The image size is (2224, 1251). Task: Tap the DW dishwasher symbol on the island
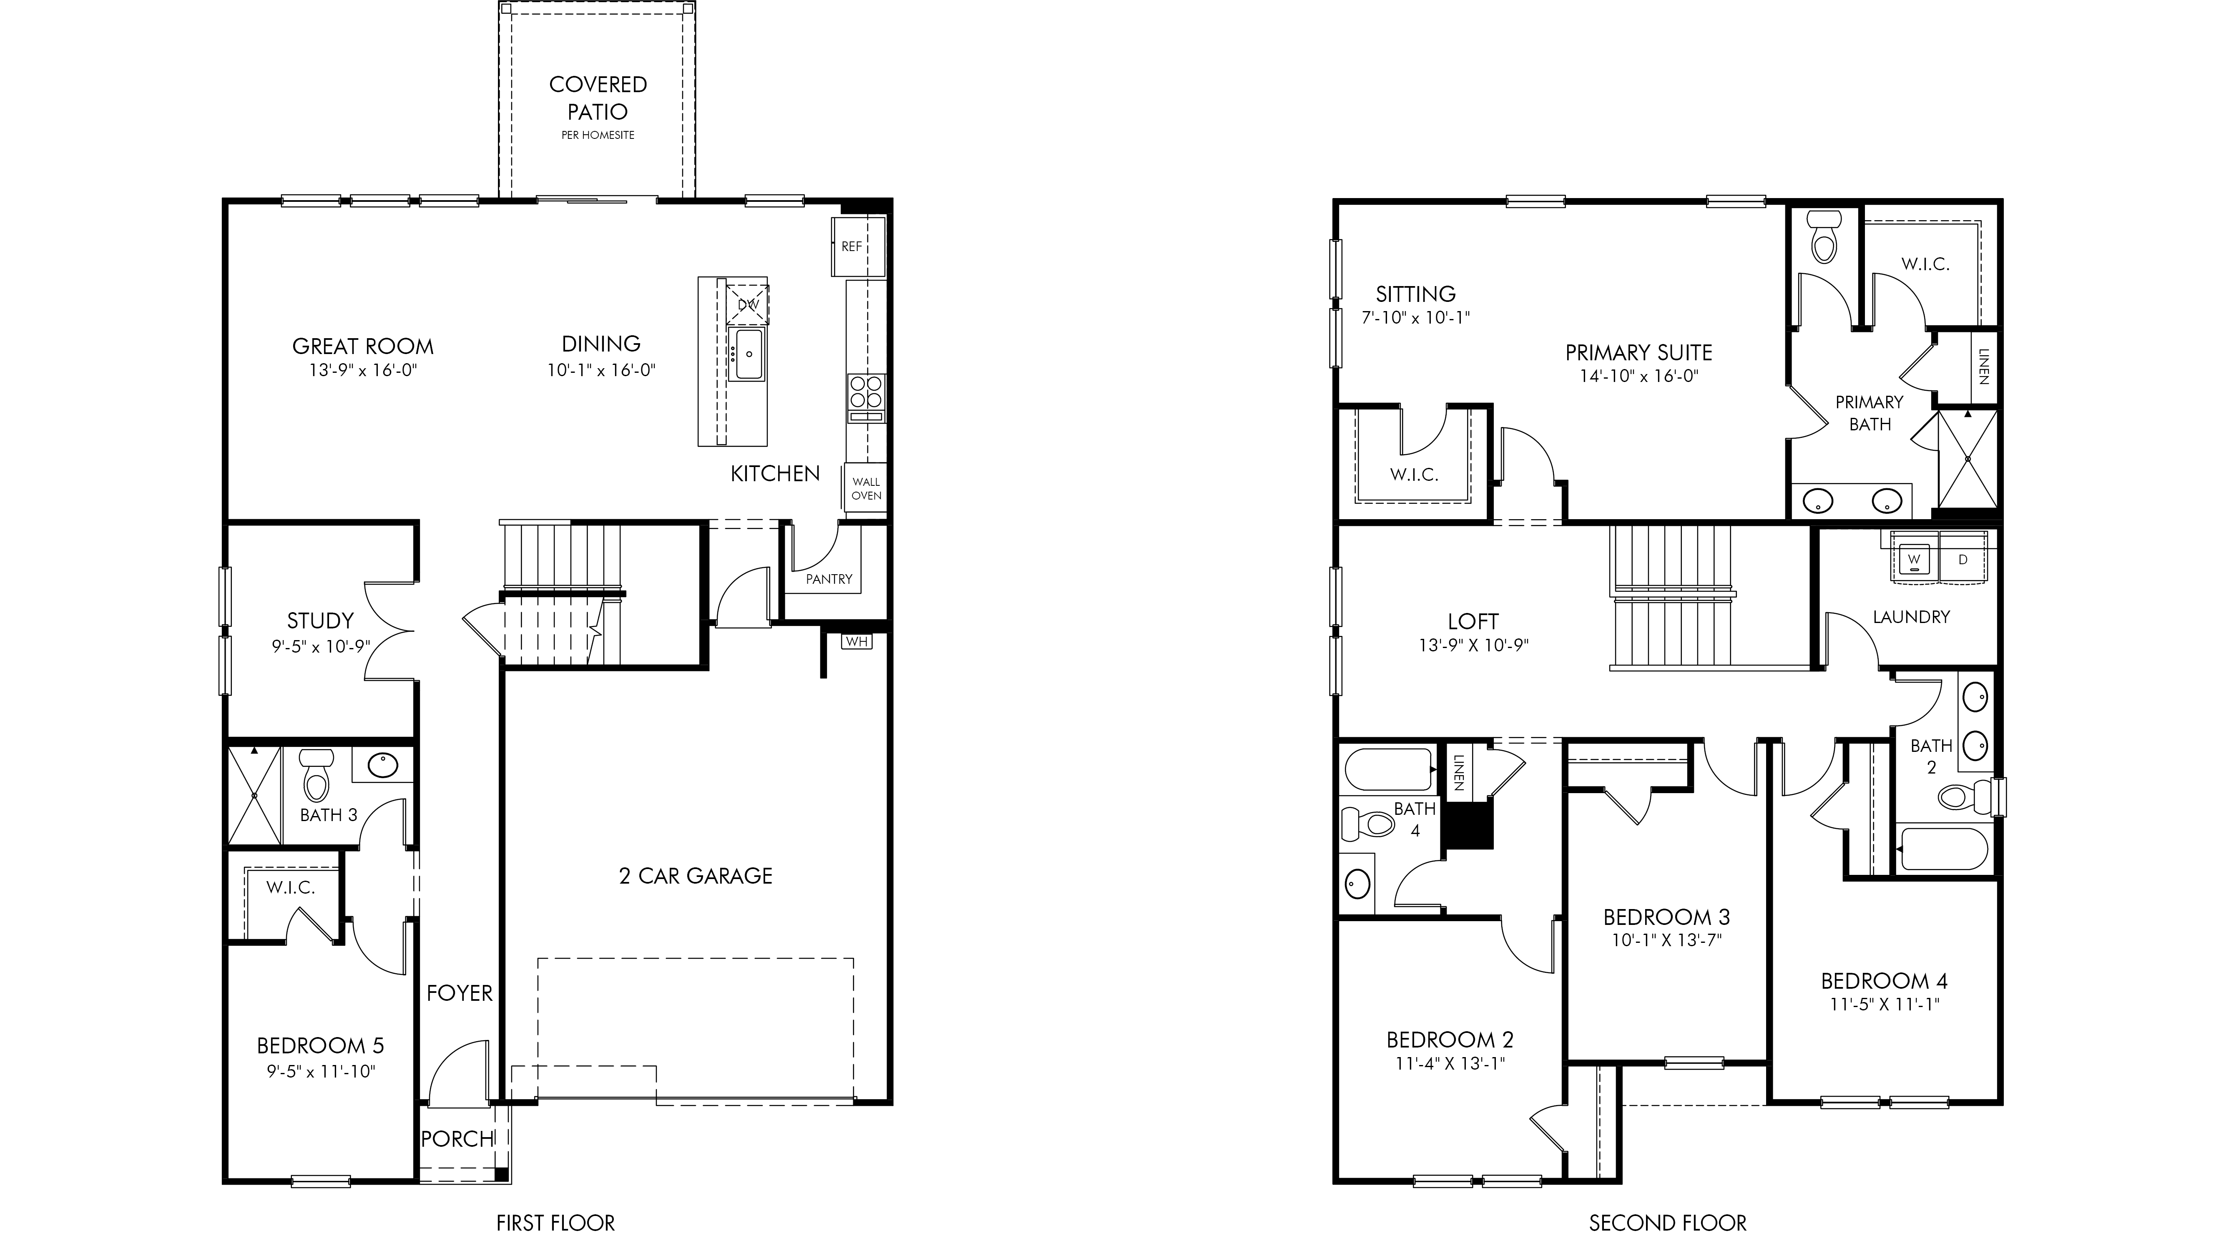[748, 304]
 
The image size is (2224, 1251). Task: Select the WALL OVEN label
[866, 489]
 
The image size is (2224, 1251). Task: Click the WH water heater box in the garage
[857, 641]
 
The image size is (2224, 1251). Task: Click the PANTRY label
[829, 579]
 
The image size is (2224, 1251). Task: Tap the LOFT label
[1473, 622]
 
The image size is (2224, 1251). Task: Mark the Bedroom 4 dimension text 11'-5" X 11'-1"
[1884, 1004]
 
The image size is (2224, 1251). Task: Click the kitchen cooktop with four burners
[866, 391]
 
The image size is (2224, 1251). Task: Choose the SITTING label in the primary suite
[1416, 294]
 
